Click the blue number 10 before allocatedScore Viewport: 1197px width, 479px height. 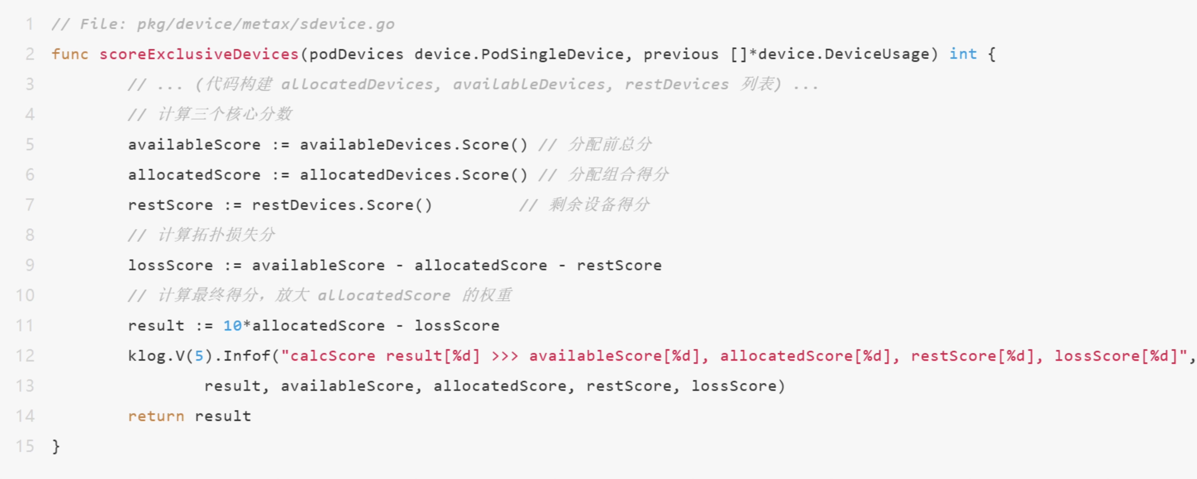click(232, 326)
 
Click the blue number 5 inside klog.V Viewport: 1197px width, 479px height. click(199, 356)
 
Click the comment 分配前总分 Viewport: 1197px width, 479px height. click(610, 144)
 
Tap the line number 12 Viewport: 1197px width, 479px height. click(25, 356)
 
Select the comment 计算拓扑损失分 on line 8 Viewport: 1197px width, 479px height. click(217, 235)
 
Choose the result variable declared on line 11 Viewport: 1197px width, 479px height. click(156, 326)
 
